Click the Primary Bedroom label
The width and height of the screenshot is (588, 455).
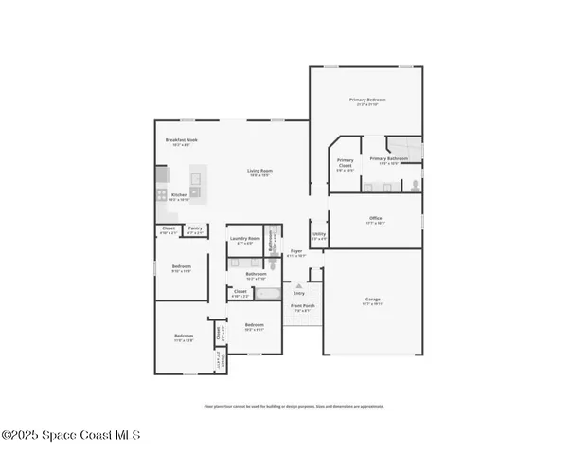(x=366, y=100)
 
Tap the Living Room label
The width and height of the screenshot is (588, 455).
(x=259, y=172)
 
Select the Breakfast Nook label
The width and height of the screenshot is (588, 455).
(x=181, y=140)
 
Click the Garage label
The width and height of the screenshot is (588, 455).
(x=373, y=300)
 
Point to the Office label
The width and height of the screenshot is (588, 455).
(x=375, y=219)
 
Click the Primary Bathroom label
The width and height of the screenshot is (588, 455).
(x=388, y=159)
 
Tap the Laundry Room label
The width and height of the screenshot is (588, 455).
(x=244, y=239)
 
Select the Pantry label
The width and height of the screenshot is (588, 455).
(x=194, y=228)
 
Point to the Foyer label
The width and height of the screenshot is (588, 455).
(x=296, y=252)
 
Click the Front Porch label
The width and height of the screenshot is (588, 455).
(x=302, y=307)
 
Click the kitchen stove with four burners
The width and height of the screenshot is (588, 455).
(x=162, y=194)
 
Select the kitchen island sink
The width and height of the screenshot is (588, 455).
(x=197, y=177)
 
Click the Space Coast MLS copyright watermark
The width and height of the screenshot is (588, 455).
(x=71, y=435)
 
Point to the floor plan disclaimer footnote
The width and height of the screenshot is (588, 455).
(x=294, y=406)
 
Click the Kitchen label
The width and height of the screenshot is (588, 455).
(x=179, y=196)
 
